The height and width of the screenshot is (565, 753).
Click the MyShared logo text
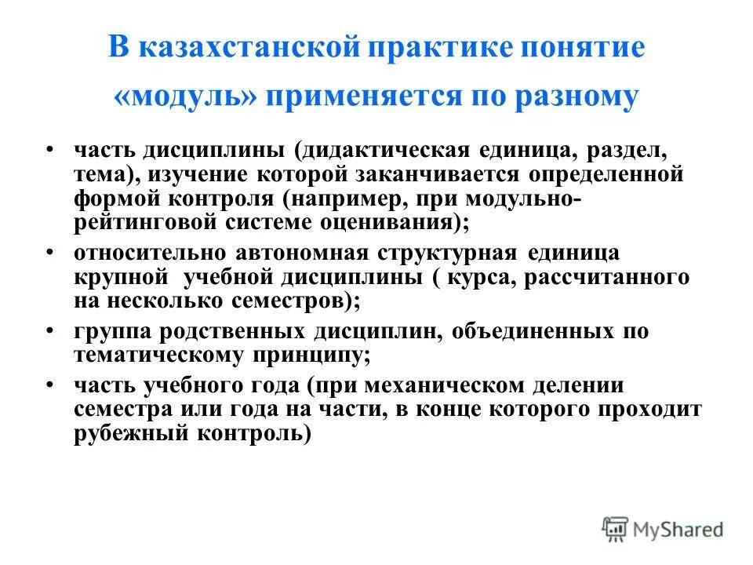(676, 529)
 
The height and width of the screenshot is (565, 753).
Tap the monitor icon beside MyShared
(616, 529)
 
